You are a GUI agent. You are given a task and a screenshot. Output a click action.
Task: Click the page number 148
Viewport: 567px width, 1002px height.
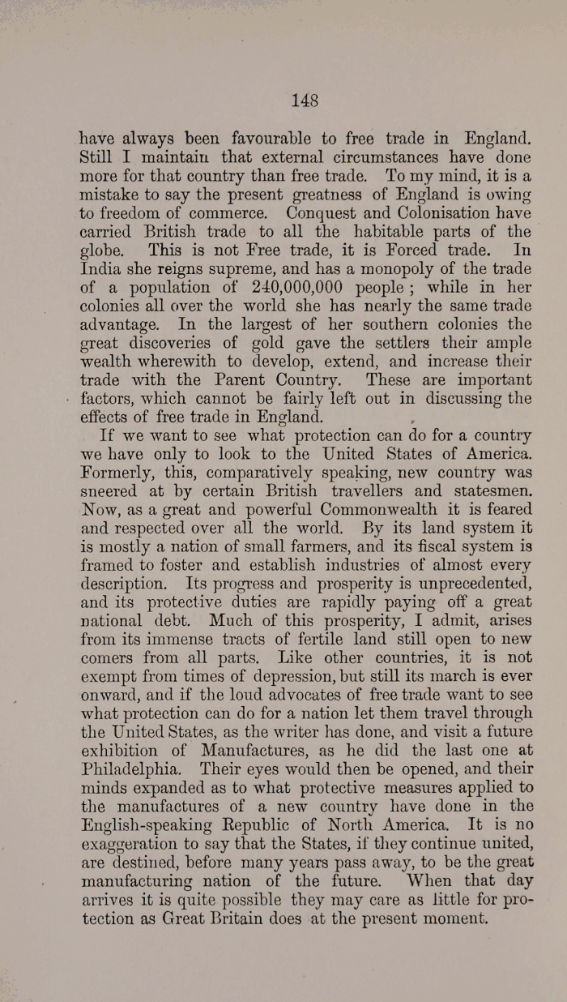[304, 101]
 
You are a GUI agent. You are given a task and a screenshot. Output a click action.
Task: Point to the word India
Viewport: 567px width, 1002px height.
[100, 268]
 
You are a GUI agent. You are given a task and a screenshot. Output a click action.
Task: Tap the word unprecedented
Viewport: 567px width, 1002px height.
[463, 584]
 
